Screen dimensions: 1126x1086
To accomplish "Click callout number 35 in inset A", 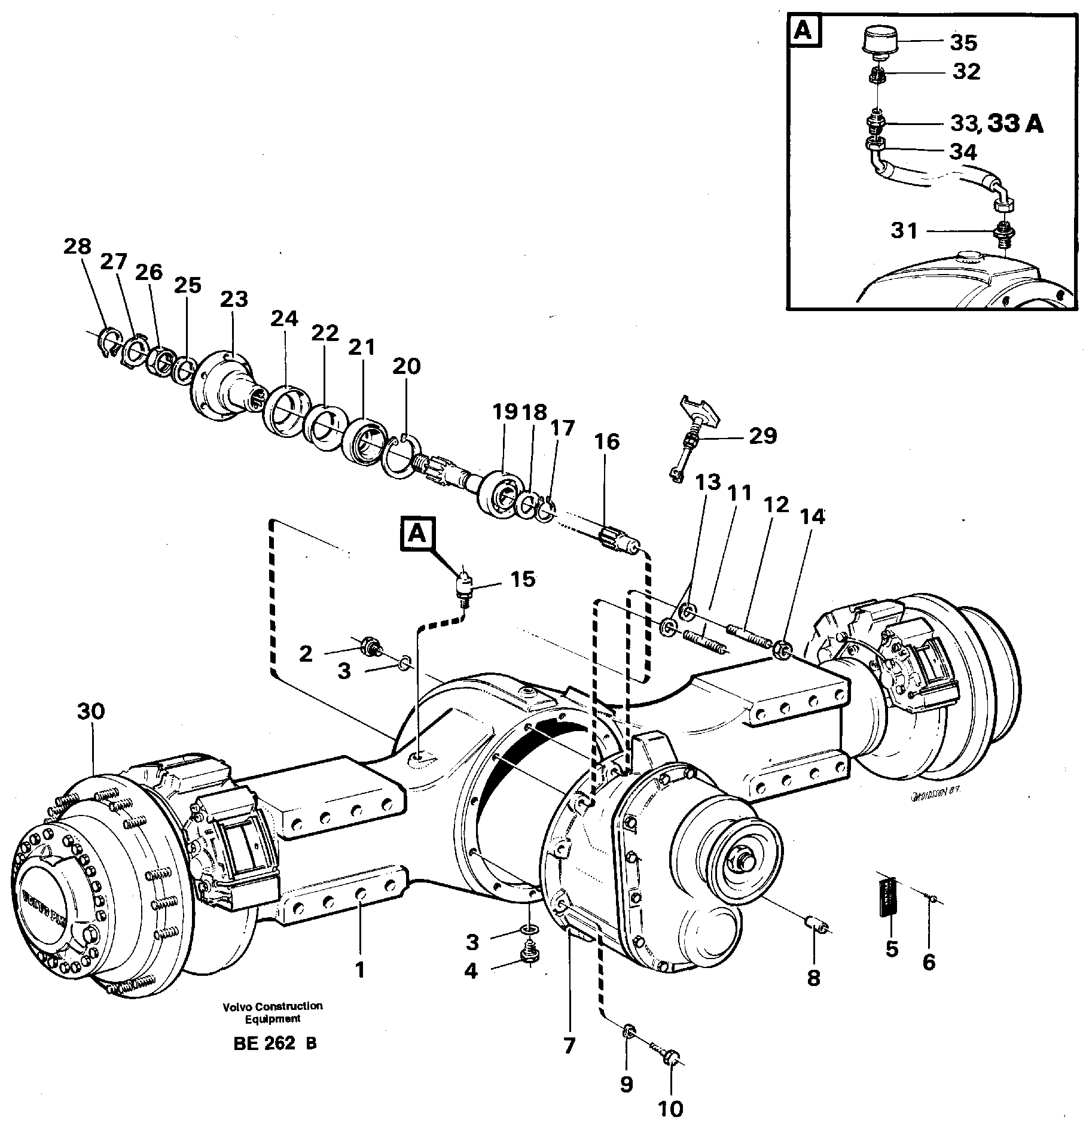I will point(963,43).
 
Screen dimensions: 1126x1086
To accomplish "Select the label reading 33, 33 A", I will point(996,124).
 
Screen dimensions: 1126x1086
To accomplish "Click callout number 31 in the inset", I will point(904,230).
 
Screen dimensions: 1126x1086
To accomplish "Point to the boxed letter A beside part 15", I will point(417,534).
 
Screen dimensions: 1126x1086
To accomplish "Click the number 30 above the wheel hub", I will point(90,711).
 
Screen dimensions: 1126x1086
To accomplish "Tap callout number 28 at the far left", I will point(78,246).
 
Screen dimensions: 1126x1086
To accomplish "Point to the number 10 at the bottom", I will point(670,1109).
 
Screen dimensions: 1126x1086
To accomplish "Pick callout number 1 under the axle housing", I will point(359,970).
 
